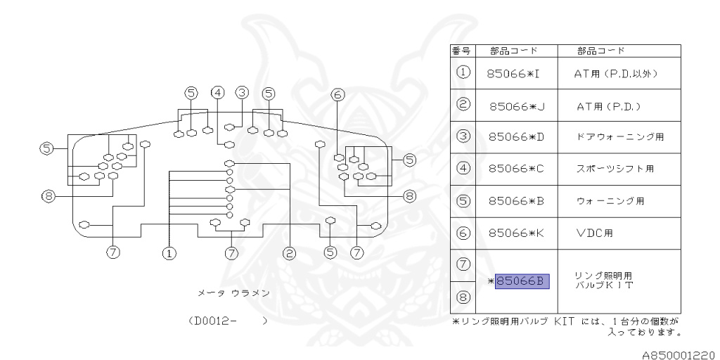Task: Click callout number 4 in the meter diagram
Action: [219, 92]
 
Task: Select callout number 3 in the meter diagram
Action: [243, 92]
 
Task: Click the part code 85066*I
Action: [517, 73]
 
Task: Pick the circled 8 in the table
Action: [463, 297]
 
